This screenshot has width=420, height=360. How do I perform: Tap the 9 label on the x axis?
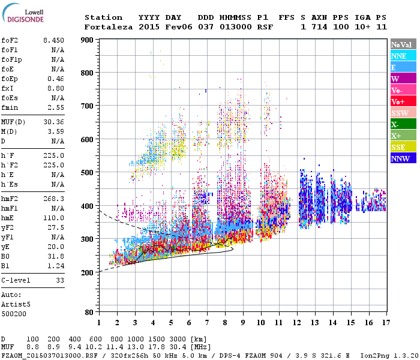pos(242,323)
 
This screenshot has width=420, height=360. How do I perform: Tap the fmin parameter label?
pos(10,107)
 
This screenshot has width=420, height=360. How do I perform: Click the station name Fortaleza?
pos(109,27)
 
